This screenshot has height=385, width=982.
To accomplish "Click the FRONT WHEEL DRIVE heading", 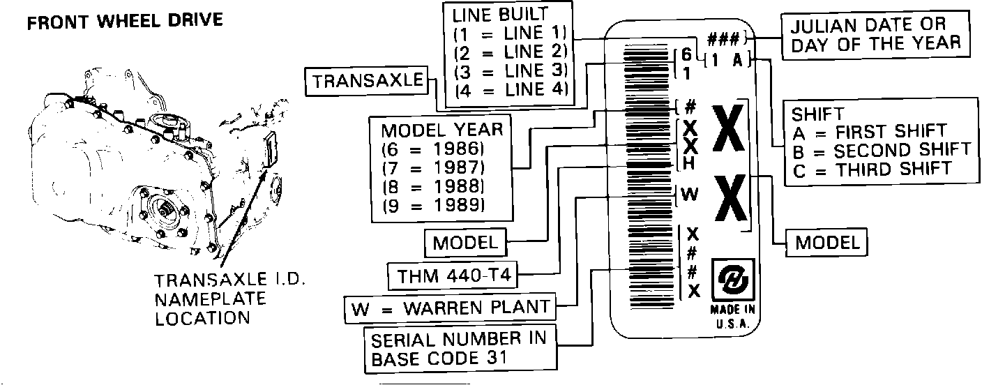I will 125,20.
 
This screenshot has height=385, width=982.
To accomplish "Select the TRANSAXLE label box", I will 368,82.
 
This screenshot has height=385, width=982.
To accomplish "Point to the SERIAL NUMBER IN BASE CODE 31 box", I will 460,349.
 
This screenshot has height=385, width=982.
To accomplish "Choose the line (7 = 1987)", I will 433,168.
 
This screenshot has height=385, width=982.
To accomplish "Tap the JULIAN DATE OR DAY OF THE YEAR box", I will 876,34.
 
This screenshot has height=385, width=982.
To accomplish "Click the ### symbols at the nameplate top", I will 725,38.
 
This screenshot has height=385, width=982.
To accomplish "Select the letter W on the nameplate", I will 689,195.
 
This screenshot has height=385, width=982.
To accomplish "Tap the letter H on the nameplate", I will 688,164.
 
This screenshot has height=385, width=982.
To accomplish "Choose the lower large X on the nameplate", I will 729,201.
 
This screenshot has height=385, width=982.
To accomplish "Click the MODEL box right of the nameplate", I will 827,243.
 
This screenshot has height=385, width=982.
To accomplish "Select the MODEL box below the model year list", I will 466,243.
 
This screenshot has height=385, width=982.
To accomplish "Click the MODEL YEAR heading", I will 441,130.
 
